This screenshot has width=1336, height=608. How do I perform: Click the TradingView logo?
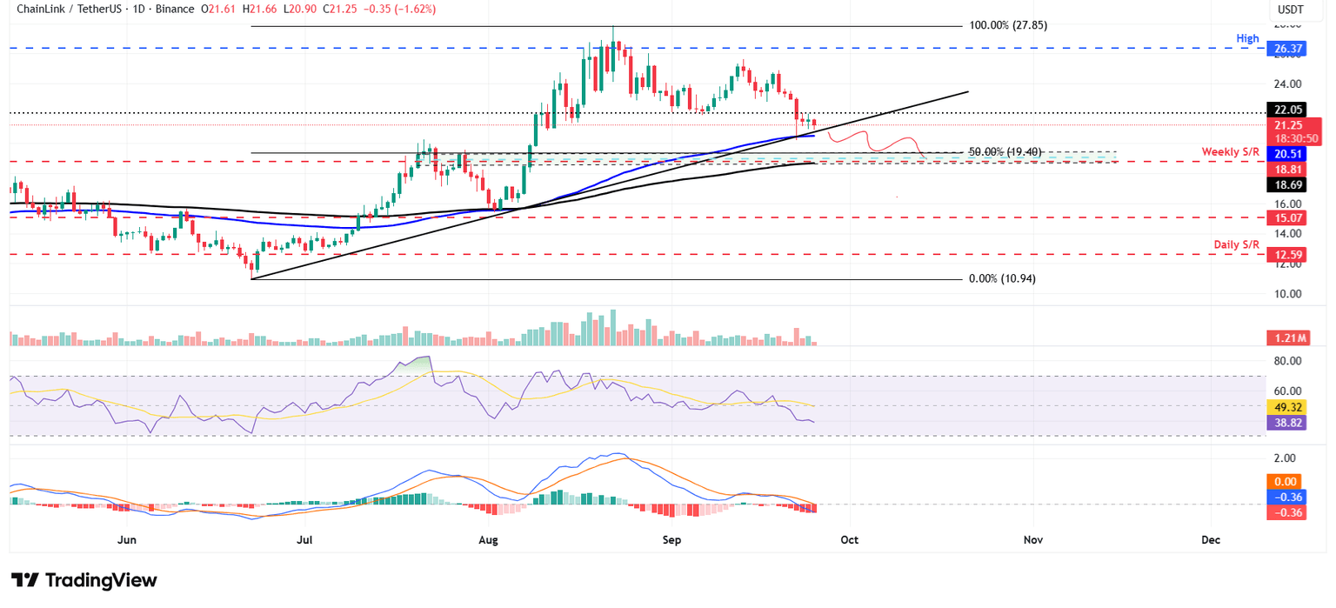83,580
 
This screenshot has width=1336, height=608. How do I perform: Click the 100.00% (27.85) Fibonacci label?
1008,25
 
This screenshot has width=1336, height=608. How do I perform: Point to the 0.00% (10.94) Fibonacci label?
1002,278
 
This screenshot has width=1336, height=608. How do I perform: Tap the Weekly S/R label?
1230,152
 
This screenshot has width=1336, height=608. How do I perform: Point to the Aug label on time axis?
488,540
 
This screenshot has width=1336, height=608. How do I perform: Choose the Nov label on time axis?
1032,540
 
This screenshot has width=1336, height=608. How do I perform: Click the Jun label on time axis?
127,540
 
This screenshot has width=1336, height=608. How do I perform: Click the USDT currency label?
1290,10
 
